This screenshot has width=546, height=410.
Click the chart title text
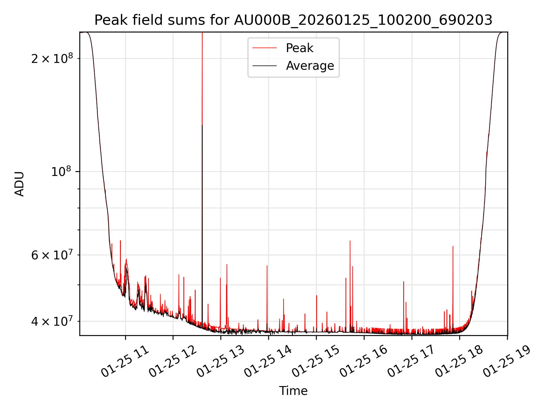click(x=293, y=20)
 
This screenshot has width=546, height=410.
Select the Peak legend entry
click(x=299, y=48)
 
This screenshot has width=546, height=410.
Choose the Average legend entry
click(x=310, y=66)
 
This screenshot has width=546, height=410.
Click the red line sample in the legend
click(x=264, y=48)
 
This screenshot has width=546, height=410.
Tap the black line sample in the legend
click(x=264, y=66)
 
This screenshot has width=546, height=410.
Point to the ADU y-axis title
click(x=19, y=184)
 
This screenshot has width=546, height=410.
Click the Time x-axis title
click(x=293, y=391)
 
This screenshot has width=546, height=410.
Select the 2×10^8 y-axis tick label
click(x=52, y=59)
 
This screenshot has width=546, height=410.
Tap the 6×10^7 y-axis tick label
click(x=52, y=255)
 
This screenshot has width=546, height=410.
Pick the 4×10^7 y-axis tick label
click(x=52, y=321)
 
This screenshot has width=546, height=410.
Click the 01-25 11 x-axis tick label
click(x=125, y=362)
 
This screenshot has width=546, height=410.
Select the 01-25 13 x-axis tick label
click(x=221, y=362)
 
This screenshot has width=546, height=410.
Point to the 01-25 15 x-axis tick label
click(x=316, y=362)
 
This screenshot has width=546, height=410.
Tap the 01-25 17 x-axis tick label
click(x=411, y=362)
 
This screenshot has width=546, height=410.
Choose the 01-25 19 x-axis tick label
click(x=507, y=362)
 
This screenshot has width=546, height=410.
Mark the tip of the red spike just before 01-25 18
click(x=453, y=246)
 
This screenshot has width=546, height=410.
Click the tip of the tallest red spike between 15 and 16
click(x=350, y=241)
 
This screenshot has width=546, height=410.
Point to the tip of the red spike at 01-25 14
click(x=267, y=266)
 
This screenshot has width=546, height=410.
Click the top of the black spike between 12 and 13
click(x=202, y=125)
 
